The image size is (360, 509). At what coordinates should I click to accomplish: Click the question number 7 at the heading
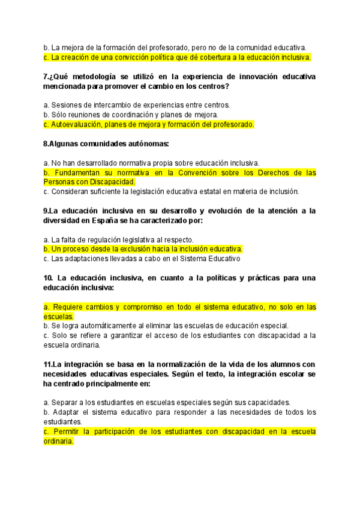pyautogui.click(x=46, y=77)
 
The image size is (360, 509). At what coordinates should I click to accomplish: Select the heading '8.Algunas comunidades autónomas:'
pyautogui.click(x=106, y=144)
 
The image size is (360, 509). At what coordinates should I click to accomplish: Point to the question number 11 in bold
pyautogui.click(x=47, y=364)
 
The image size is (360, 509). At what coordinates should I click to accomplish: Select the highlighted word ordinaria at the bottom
pyautogui.click(x=59, y=441)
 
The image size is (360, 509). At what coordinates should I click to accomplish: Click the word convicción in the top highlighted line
pyautogui.click(x=122, y=58)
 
